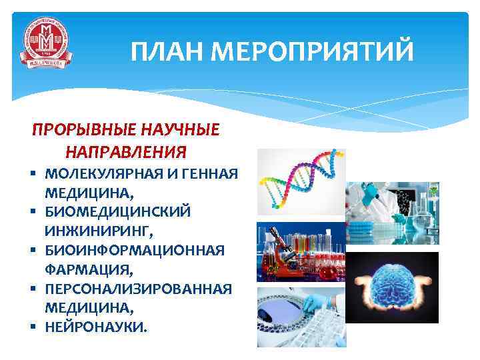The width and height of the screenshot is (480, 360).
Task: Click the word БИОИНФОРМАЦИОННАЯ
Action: pos(135,251)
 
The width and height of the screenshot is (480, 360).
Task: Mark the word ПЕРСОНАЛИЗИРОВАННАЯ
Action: pos(139,289)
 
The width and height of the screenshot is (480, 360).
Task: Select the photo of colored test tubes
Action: pos(300,253)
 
